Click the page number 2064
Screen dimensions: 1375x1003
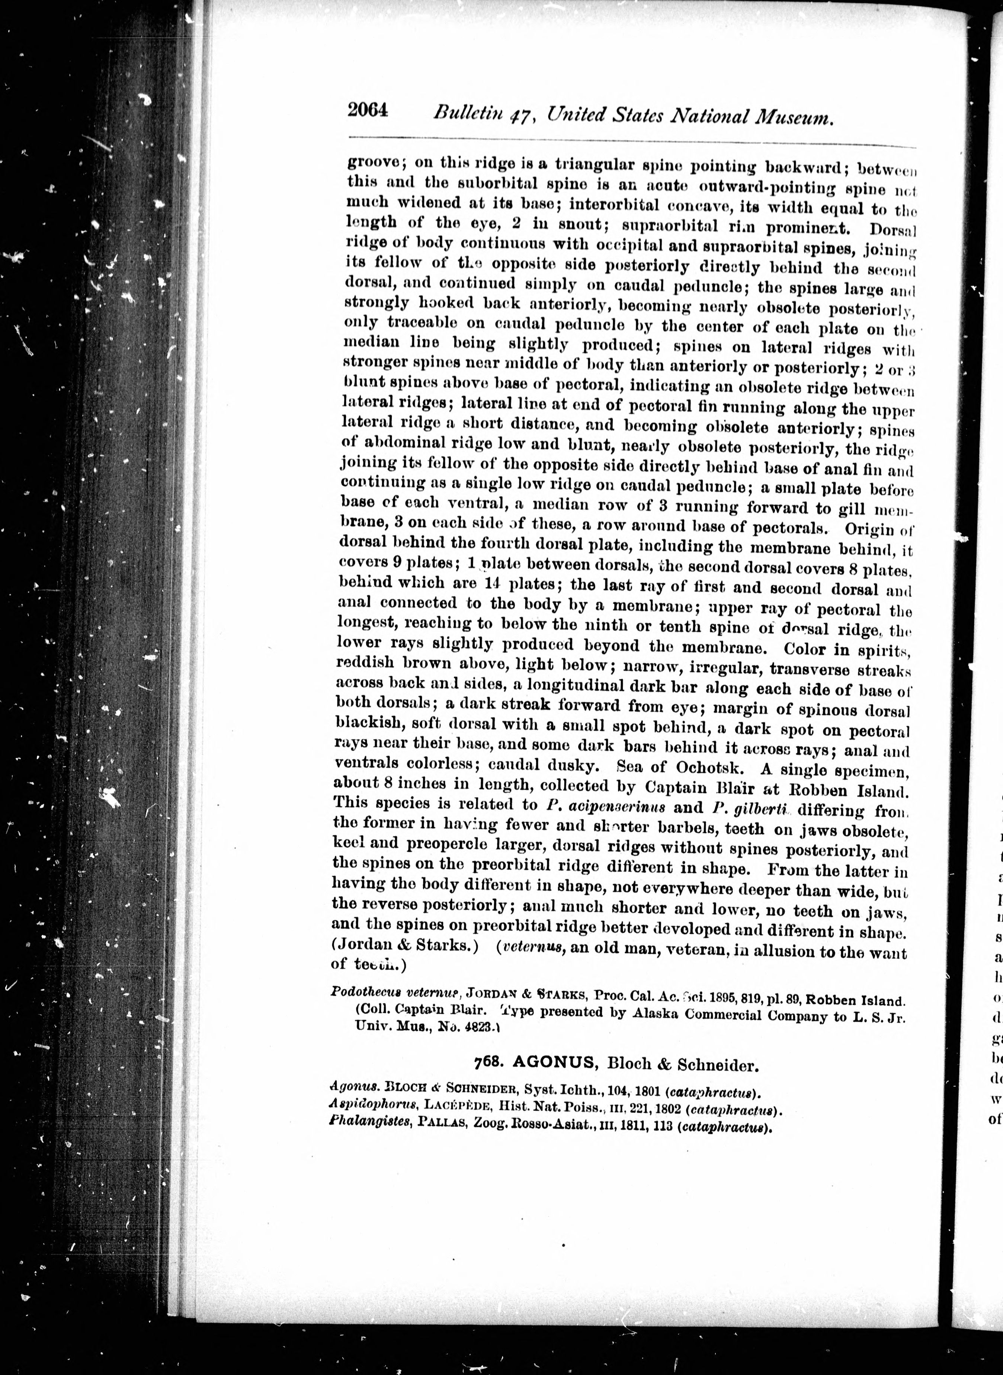coord(367,112)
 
